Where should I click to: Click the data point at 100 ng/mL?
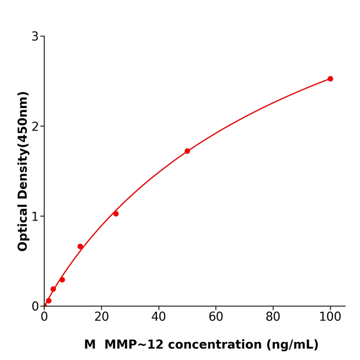pyautogui.click(x=330, y=79)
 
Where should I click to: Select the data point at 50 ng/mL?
pyautogui.click(x=187, y=151)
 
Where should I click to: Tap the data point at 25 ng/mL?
pyautogui.click(x=116, y=213)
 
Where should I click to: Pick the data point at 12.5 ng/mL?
pyautogui.click(x=80, y=246)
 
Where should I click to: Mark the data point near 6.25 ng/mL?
pyautogui.click(x=62, y=280)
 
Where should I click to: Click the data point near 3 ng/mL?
pyautogui.click(x=53, y=289)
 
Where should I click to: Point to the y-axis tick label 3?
pyautogui.click(x=35, y=37)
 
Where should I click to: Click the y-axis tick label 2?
pyautogui.click(x=35, y=127)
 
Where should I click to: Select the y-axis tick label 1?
pyautogui.click(x=35, y=217)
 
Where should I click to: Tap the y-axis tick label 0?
pyautogui.click(x=35, y=307)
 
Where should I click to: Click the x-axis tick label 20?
pyautogui.click(x=101, y=317)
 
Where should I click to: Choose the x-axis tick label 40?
pyautogui.click(x=158, y=317)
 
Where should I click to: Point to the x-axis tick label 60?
pyautogui.click(x=216, y=317)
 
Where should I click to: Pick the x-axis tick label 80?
pyautogui.click(x=273, y=317)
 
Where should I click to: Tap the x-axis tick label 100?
pyautogui.click(x=330, y=317)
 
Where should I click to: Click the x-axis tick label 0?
pyautogui.click(x=44, y=317)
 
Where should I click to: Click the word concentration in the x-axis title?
pyautogui.click(x=215, y=345)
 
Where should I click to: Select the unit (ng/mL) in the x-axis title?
pyautogui.click(x=292, y=345)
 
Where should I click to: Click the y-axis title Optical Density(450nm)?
pyautogui.click(x=23, y=171)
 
